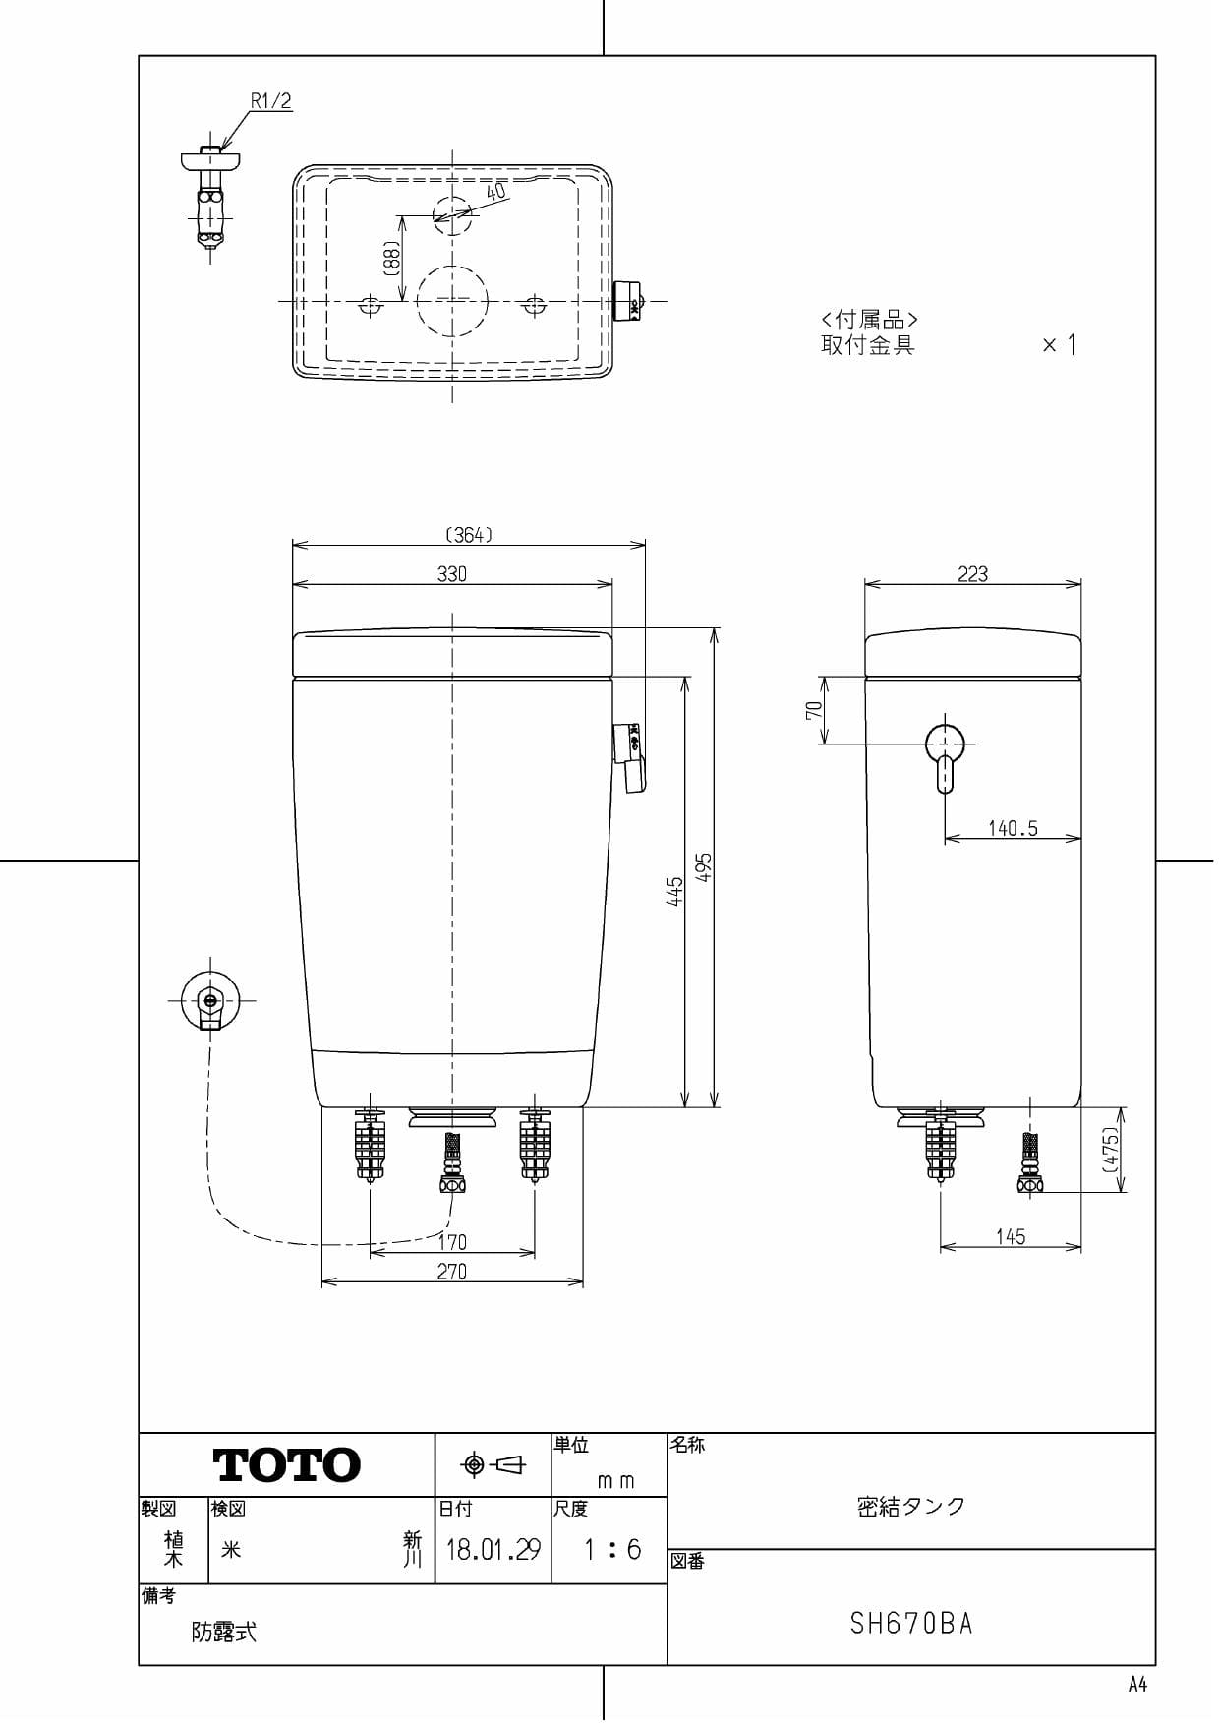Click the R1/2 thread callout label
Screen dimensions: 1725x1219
click(x=270, y=100)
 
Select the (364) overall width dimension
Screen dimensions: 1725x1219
click(x=469, y=534)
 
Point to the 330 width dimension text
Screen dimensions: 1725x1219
click(x=452, y=573)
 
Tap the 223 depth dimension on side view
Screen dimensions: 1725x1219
click(x=972, y=573)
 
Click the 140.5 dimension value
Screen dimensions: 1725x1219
click(x=1013, y=828)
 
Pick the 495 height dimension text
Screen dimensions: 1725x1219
click(x=704, y=866)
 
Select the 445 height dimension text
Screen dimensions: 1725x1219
click(x=675, y=891)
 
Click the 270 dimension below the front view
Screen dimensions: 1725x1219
click(x=452, y=1271)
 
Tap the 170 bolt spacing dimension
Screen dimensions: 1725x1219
click(x=452, y=1241)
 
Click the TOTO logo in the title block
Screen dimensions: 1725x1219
click(x=287, y=1464)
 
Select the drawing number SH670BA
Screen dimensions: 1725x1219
click(x=911, y=1623)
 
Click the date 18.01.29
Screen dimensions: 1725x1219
click(x=493, y=1550)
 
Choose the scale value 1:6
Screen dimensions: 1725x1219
click(x=611, y=1550)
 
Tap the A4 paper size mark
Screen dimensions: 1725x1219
click(x=1137, y=1685)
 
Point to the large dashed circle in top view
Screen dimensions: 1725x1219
click(x=452, y=300)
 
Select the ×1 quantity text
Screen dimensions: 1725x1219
click(x=1059, y=344)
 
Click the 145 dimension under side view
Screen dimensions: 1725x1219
click(x=1011, y=1236)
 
